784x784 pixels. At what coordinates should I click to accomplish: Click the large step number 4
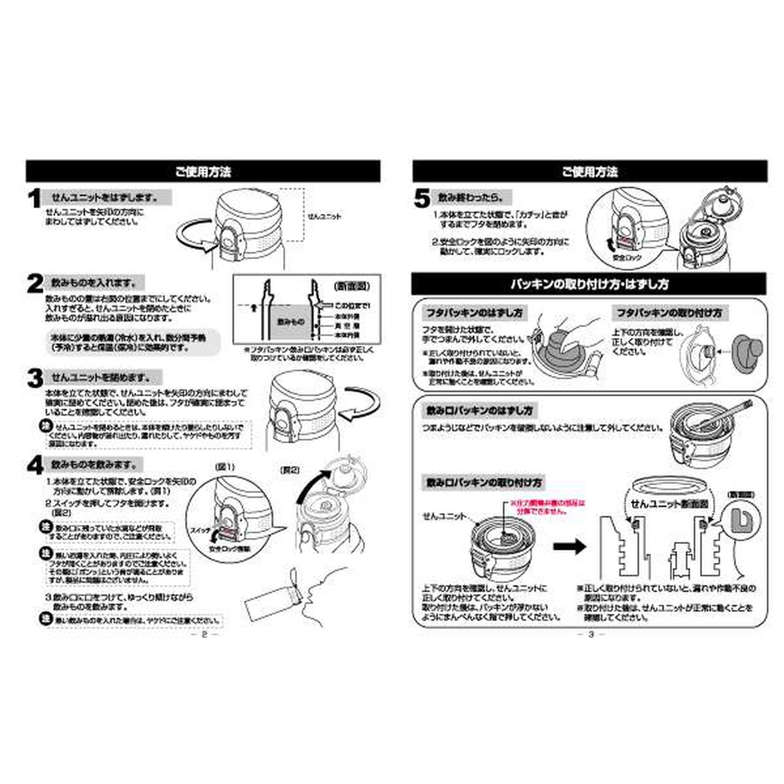click(34, 466)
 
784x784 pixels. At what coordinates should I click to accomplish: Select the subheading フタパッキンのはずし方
click(475, 312)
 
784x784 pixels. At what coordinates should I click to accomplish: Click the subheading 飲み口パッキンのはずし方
click(480, 410)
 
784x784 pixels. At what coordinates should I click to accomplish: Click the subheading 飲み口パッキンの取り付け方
click(484, 483)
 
